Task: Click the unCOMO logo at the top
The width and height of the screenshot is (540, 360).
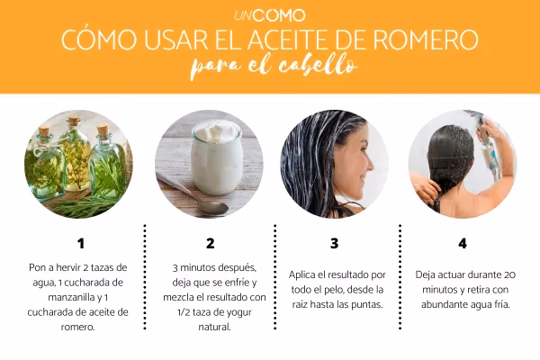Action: point(269,15)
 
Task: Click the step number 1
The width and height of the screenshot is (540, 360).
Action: point(80,243)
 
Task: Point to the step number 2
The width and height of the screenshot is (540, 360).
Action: point(210,243)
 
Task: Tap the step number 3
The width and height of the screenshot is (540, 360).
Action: point(335,243)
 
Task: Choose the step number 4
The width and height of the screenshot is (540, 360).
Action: point(463,243)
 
